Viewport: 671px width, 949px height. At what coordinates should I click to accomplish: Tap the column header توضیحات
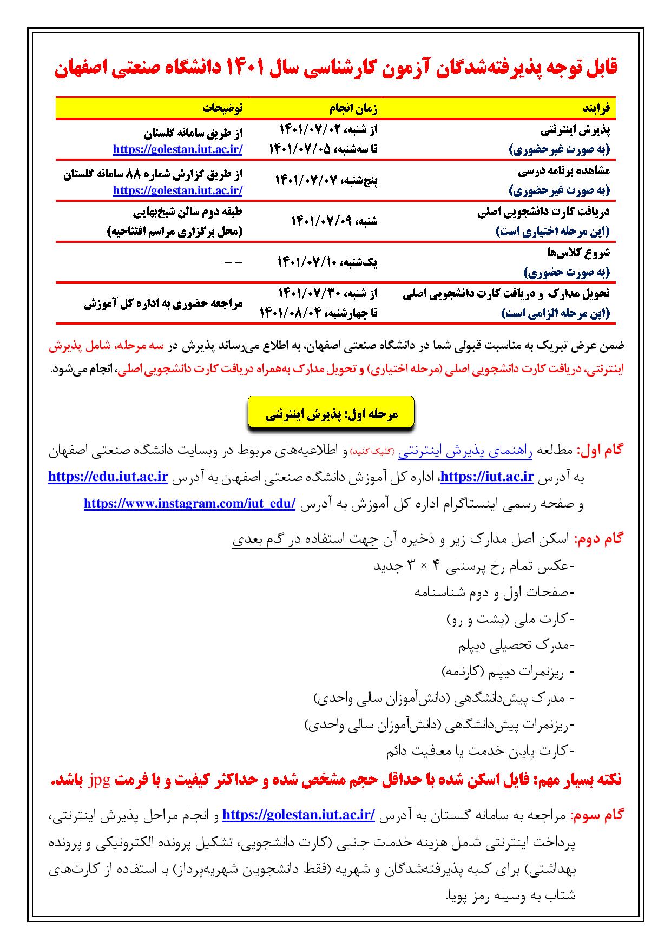222,108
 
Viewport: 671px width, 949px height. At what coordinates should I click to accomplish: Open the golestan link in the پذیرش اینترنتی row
177,149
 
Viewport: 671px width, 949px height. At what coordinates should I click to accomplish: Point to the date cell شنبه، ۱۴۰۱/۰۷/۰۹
334,221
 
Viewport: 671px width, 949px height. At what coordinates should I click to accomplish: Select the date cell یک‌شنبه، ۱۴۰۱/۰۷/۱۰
327,262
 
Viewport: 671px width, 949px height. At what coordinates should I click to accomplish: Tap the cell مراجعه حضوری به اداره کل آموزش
163,304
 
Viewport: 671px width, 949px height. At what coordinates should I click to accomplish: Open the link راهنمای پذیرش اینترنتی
465,451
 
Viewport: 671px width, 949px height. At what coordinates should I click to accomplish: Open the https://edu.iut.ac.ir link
108,477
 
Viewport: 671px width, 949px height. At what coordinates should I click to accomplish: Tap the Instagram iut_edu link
189,503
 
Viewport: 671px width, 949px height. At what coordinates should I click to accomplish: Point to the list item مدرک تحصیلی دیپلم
516,645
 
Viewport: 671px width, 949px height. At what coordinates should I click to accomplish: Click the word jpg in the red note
478,780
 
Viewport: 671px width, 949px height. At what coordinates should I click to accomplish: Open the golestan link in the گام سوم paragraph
299,814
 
